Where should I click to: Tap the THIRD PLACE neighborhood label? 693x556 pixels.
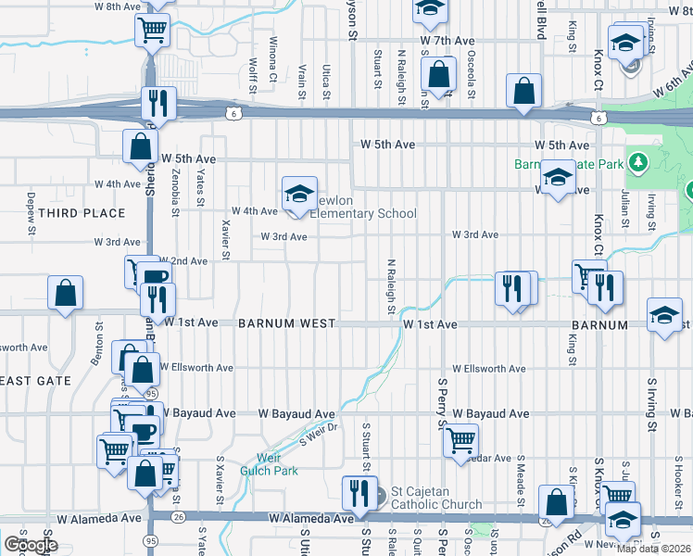click(x=82, y=213)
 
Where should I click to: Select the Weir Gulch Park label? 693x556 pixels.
click(x=277, y=463)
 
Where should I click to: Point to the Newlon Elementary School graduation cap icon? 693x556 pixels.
click(x=299, y=195)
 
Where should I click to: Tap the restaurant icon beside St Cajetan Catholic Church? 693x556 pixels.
click(x=358, y=492)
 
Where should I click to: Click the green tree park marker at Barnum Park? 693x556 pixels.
click(x=636, y=163)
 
